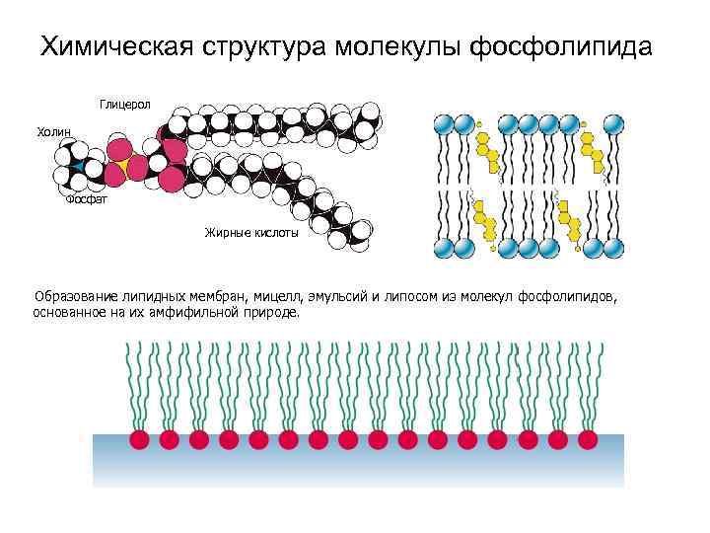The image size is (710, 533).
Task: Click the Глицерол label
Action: point(124,104)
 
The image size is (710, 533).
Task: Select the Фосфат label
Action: point(87,200)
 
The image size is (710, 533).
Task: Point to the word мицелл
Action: point(279,295)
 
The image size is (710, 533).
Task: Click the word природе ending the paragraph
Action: point(271,311)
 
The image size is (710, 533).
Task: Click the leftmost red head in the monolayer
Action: point(139,437)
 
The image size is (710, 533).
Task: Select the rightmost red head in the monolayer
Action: point(588,437)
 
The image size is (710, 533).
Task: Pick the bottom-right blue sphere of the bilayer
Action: point(612,248)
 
